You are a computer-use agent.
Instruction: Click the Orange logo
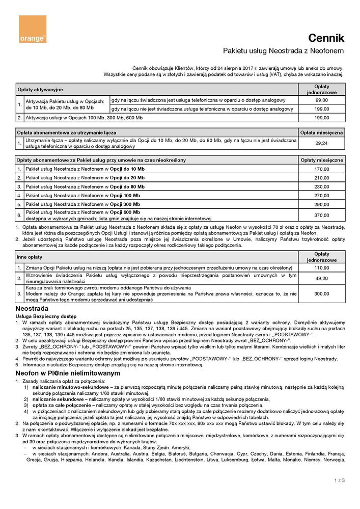33,30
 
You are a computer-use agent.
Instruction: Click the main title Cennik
326,38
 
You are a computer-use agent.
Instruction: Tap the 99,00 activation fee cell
321,100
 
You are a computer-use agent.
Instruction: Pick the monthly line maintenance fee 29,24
321,143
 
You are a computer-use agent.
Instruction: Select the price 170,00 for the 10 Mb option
321,169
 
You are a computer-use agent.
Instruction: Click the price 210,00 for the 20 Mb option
321,178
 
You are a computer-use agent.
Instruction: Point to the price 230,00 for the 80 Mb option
321,186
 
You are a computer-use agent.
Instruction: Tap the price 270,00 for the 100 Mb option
321,195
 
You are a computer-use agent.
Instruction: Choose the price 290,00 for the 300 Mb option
321,204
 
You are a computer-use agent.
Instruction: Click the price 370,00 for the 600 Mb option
321,216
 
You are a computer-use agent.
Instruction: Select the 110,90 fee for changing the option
321,267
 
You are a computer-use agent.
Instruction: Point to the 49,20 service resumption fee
321,278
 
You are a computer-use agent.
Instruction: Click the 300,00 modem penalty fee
321,294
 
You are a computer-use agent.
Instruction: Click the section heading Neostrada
32,309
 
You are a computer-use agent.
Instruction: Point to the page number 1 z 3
339,480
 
